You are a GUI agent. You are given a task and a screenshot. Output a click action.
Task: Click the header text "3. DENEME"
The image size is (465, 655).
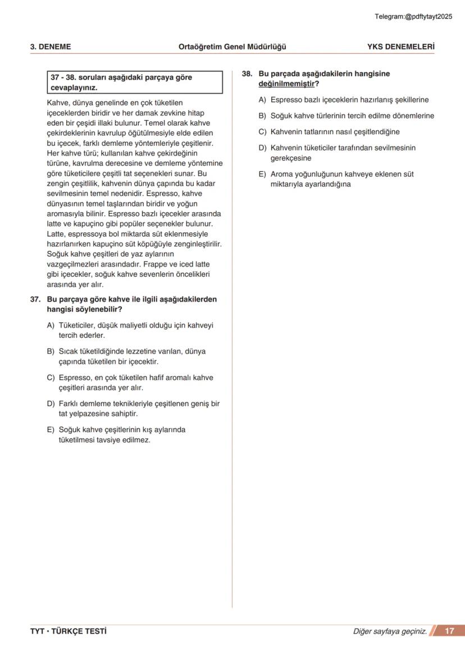point(51,47)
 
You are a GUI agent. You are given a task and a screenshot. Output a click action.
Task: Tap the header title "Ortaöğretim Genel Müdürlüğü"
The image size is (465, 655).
point(232,47)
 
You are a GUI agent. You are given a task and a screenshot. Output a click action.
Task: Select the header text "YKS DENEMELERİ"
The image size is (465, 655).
point(400,47)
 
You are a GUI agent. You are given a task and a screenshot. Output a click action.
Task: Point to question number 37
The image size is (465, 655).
point(37,300)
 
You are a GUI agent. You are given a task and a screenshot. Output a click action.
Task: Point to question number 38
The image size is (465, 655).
point(247,74)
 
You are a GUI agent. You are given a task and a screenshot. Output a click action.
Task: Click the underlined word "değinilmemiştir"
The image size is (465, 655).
point(286,84)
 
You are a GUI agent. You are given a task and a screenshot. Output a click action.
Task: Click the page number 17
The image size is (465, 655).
point(450,631)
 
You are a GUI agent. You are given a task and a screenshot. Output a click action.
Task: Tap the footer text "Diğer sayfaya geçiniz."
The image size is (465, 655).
point(390,631)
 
